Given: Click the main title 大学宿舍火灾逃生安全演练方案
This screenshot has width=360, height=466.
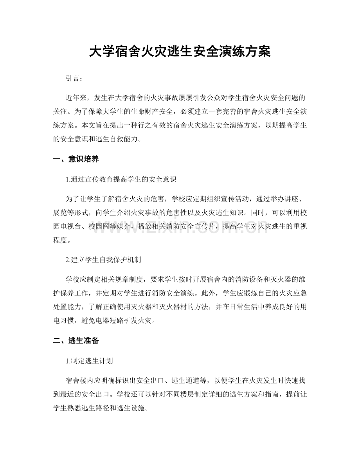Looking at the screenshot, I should pos(180,51).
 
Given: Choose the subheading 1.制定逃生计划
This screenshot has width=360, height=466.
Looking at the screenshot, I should pos(87,360).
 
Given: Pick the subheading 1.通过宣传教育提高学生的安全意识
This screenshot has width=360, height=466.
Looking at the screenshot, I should pos(122,180).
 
